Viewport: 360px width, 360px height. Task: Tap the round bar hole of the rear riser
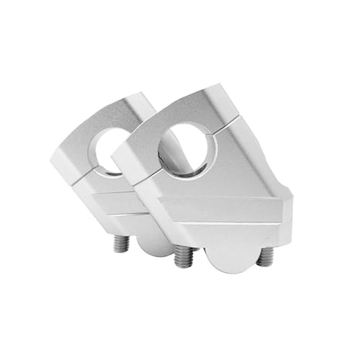114,148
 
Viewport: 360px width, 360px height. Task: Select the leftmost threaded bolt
123,244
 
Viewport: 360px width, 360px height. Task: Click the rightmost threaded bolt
266,254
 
